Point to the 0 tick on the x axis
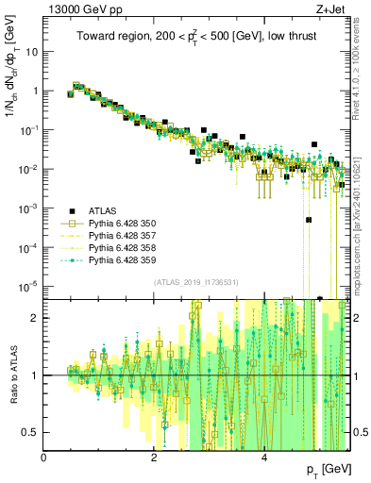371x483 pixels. point(44,458)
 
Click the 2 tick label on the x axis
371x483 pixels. point(154,458)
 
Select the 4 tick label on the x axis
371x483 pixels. point(264,458)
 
